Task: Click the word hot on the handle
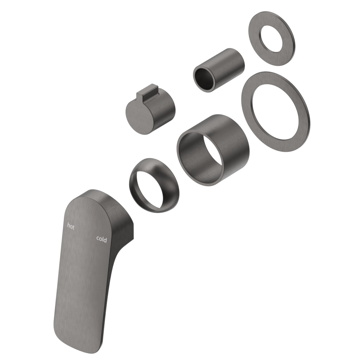pyautogui.click(x=71, y=227)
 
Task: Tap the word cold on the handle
pyautogui.click(x=101, y=239)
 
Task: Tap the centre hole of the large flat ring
pyautogui.click(x=275, y=111)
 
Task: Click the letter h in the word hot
pyautogui.click(x=68, y=226)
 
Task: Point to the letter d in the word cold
pyautogui.click(x=105, y=239)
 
